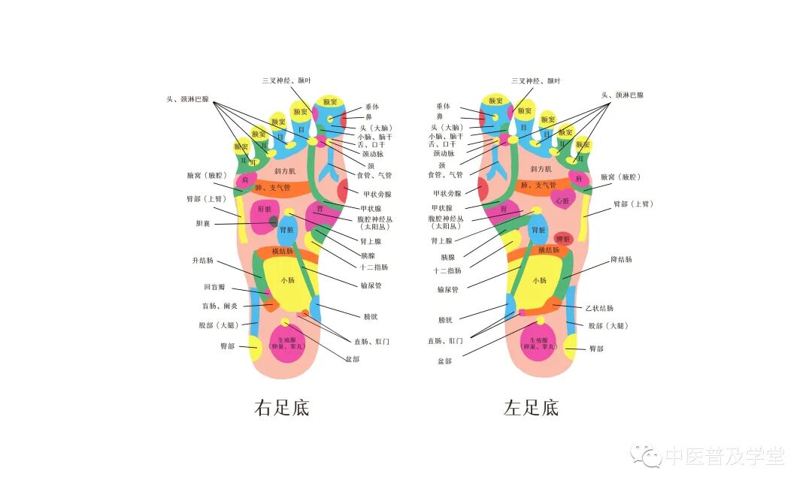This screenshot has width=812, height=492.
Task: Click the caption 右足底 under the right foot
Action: coord(282,408)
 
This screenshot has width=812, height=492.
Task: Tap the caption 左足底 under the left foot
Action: coord(531,408)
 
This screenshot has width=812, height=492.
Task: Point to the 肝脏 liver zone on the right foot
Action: coord(265,210)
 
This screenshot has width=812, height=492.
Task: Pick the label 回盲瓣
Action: coord(214,287)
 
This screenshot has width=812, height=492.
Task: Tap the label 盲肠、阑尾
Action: coord(219,306)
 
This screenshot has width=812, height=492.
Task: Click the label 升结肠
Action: coord(203,261)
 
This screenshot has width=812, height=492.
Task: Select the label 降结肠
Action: coord(621,259)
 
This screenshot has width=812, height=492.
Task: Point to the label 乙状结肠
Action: coord(599,308)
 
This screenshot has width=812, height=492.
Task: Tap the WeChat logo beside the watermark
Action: coord(646,455)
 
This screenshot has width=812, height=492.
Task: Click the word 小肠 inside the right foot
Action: coord(288,280)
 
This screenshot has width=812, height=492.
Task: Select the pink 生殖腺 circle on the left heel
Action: coord(538,344)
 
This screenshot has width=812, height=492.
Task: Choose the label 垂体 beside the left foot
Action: coord(443,106)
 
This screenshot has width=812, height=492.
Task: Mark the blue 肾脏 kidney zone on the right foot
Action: coord(287,229)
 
